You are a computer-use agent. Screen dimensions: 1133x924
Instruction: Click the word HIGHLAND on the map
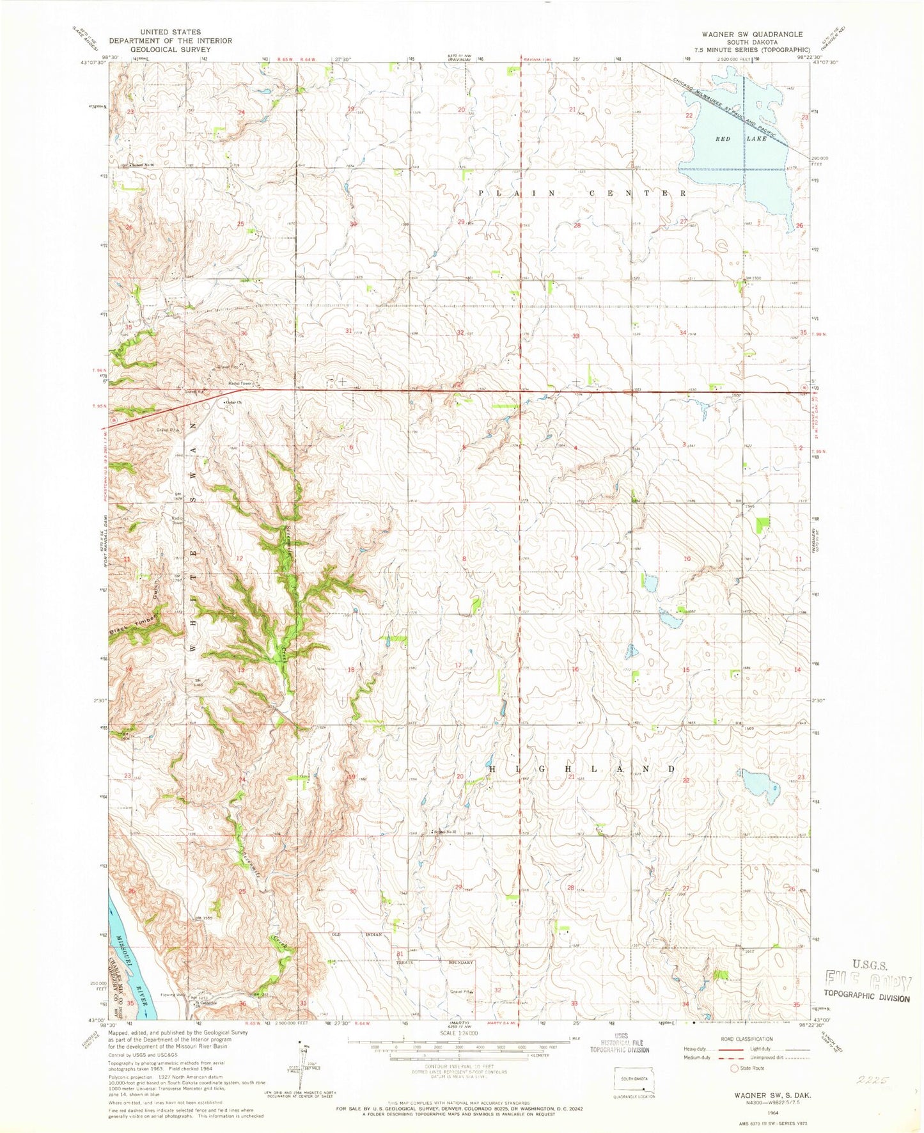pos(581,768)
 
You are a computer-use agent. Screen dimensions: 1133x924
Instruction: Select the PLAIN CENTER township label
pos(582,193)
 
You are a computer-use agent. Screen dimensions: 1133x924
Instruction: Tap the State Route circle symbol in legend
pos(734,1068)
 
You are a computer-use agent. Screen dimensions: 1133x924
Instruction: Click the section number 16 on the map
pos(576,669)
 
